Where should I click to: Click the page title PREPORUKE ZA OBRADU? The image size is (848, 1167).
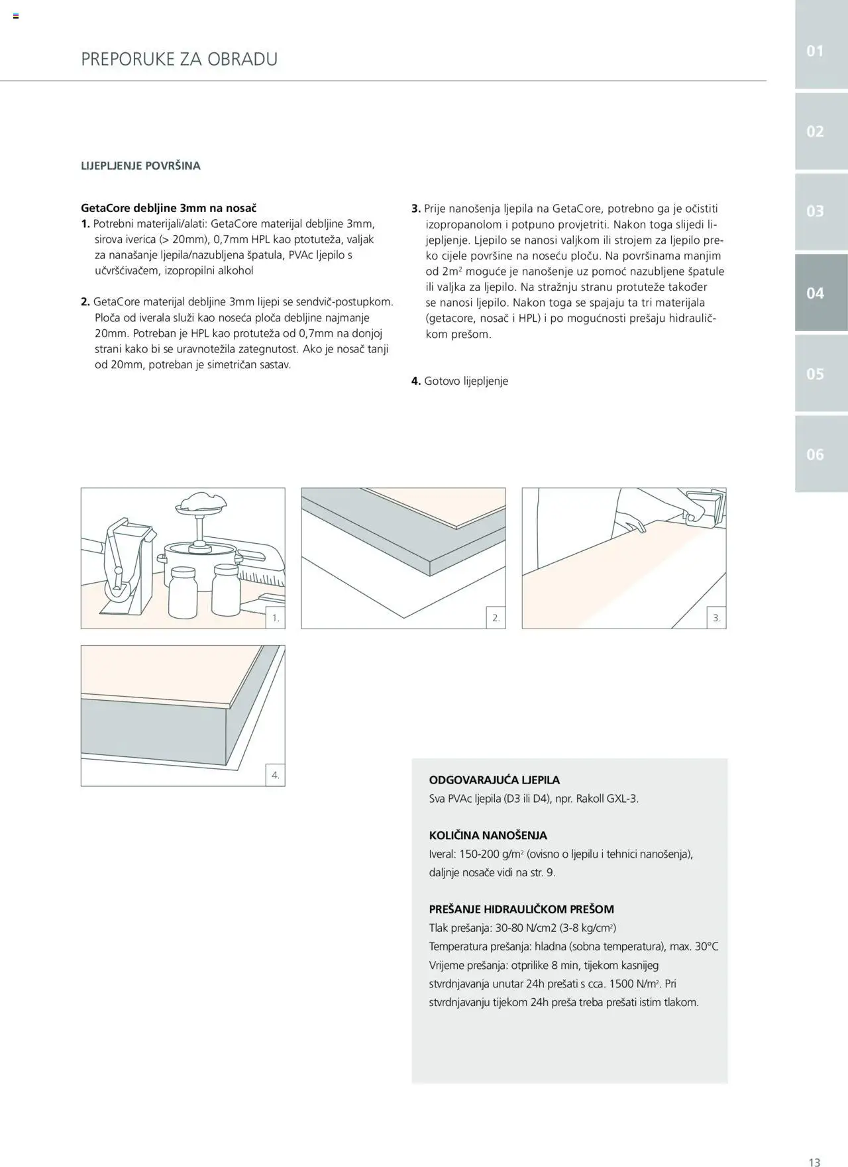point(179,59)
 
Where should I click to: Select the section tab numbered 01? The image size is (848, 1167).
point(815,51)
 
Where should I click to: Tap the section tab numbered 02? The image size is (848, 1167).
point(815,131)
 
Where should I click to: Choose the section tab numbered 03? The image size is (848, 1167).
point(815,211)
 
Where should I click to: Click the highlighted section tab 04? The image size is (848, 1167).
point(815,293)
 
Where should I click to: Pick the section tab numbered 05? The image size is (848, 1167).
point(815,374)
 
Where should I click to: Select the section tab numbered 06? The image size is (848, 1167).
point(815,454)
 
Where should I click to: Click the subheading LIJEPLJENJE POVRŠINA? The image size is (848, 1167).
point(140,166)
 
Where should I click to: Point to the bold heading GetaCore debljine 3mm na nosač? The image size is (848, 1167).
point(168,208)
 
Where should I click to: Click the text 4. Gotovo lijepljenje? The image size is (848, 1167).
point(460,381)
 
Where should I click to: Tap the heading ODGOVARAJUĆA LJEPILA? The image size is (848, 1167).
point(494,780)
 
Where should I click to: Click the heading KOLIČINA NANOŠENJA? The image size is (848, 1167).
point(488,835)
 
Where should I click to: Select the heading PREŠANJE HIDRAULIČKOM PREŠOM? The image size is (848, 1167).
point(521,909)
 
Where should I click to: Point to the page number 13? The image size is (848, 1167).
point(814,1162)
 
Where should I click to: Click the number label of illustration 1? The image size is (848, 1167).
point(276,619)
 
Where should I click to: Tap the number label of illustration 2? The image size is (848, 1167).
point(496,619)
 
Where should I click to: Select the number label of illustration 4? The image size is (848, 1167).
point(276,775)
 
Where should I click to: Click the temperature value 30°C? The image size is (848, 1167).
point(706,946)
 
